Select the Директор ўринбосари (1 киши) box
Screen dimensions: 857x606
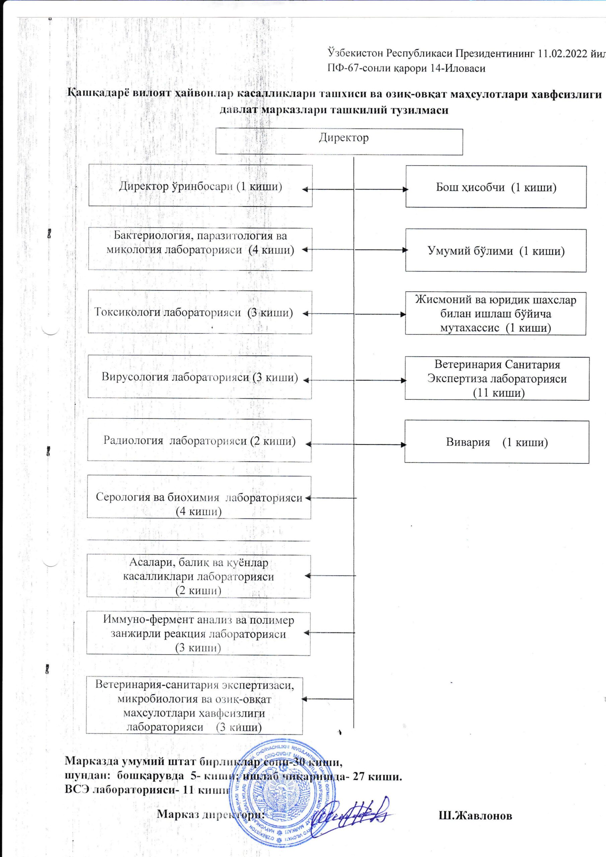pyautogui.click(x=200, y=186)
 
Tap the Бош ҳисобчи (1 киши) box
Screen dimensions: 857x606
pyautogui.click(x=496, y=186)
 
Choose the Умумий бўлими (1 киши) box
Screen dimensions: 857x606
pyautogui.click(x=496, y=250)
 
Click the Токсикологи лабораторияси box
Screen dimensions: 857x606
pyautogui.click(x=200, y=312)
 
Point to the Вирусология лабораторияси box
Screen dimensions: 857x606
pyautogui.click(x=200, y=377)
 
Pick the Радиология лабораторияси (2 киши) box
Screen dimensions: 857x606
pyautogui.click(x=200, y=441)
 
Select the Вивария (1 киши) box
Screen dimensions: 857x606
pyautogui.click(x=497, y=442)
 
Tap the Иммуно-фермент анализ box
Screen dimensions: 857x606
pyautogui.click(x=198, y=633)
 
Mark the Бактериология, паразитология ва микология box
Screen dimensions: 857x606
pyautogui.click(x=200, y=249)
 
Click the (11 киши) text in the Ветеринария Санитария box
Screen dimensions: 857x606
pyautogui.click(x=499, y=393)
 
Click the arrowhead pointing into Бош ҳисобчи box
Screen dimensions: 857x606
pyautogui.click(x=405, y=189)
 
